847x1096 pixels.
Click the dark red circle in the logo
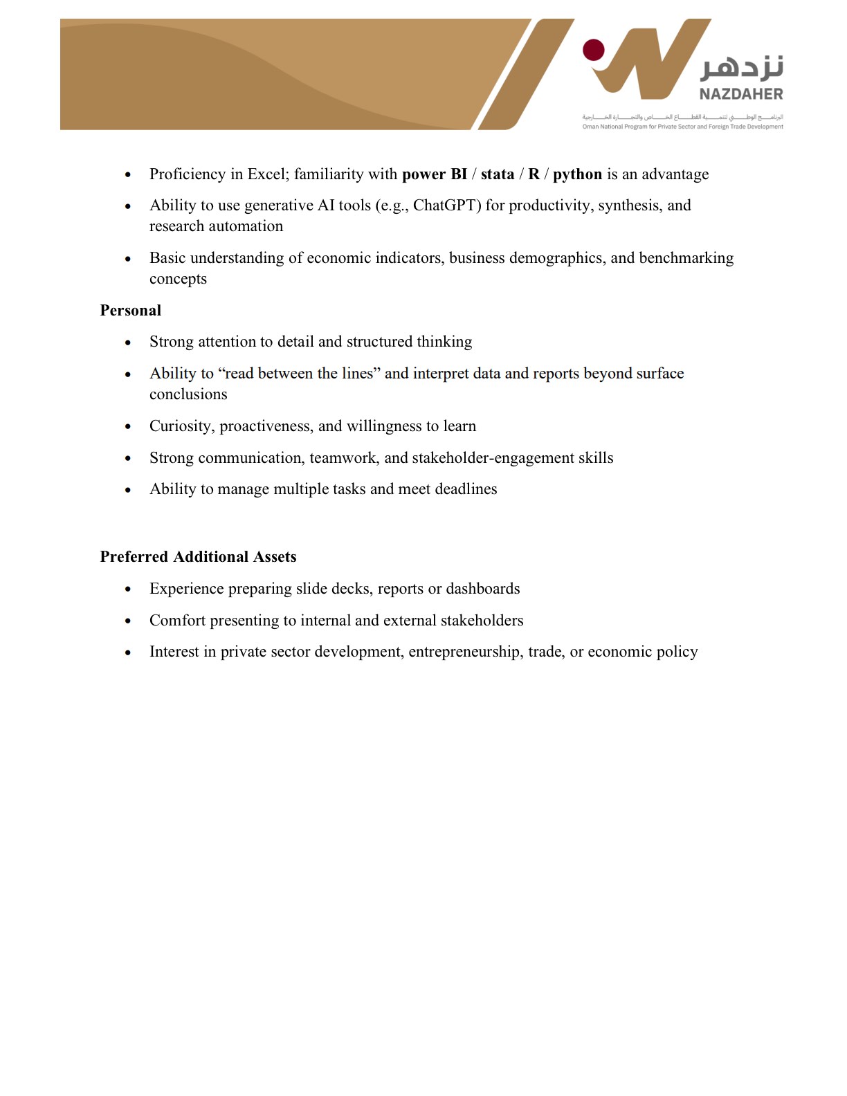tap(593, 51)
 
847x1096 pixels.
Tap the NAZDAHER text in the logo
tap(740, 94)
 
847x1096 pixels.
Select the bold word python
tap(577, 174)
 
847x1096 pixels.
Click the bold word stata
tap(497, 174)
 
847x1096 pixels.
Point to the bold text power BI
tap(434, 174)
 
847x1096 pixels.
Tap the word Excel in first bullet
tap(268, 174)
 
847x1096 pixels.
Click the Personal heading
tap(130, 311)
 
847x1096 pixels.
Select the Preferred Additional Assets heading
tap(198, 557)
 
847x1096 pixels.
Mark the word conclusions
tap(188, 394)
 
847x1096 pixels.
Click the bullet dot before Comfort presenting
tap(128, 621)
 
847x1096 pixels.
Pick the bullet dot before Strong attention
tap(128, 342)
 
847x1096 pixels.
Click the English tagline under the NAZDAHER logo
tap(682, 127)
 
